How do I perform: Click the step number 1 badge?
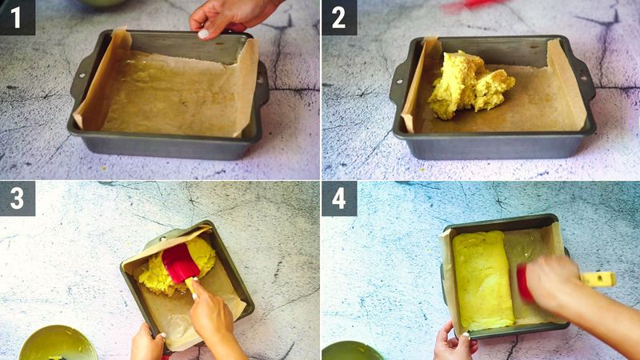tap(17, 17)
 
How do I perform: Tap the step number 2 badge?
tap(338, 17)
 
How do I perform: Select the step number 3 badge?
tap(17, 198)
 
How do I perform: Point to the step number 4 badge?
tap(338, 198)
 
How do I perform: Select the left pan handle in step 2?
tap(399, 79)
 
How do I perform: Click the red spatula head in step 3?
tap(181, 262)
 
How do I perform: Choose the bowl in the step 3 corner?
tap(57, 343)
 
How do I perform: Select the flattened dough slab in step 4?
tap(482, 279)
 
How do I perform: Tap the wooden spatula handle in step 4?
tap(598, 279)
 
